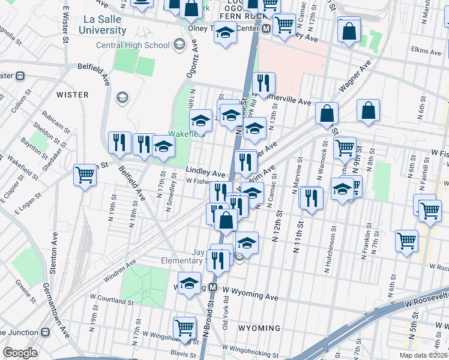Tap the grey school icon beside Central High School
pyautogui.click(x=178, y=44)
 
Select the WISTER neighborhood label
pyautogui.click(x=72, y=95)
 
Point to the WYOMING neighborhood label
pyautogui.click(x=259, y=328)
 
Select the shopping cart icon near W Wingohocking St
pyautogui.click(x=185, y=327)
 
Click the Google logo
pyautogui.click(x=20, y=353)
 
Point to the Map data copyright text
pyautogui.click(x=424, y=355)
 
